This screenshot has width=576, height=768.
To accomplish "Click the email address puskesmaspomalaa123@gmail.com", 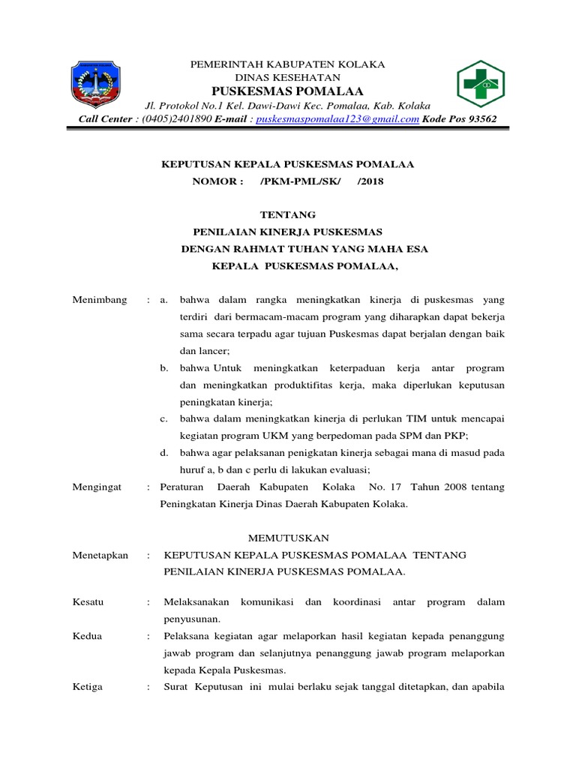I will [x=337, y=118].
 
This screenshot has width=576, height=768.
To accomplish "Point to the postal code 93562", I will [x=481, y=118].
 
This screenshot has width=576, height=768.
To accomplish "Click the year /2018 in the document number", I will [x=370, y=181].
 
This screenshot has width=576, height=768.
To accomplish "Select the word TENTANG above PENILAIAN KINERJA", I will [x=288, y=214].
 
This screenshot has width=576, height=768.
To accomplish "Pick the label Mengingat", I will [x=97, y=487].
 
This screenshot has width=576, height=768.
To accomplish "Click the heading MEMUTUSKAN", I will [x=288, y=538].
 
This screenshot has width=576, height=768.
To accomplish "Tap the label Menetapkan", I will [x=100, y=555].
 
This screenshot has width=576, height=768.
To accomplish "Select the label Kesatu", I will [x=88, y=602].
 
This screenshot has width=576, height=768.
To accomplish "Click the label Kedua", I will [x=87, y=636].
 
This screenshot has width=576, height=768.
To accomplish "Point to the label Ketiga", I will [x=88, y=687].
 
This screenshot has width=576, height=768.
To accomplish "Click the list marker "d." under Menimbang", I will [x=163, y=452].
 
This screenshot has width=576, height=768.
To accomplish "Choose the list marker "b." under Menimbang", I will [x=163, y=368].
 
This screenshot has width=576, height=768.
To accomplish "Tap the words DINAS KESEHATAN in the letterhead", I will [x=288, y=77].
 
